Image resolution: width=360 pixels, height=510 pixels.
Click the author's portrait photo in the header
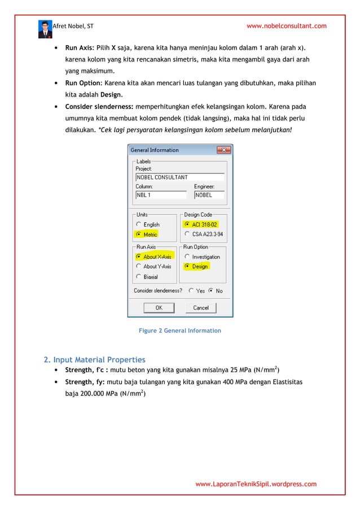point(45,28)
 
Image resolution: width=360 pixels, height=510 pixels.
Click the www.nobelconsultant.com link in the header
point(287,26)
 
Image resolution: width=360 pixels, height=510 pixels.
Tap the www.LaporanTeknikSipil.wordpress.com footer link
point(256,484)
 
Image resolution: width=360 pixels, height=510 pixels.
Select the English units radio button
point(139,224)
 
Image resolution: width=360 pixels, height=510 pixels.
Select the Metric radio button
point(139,234)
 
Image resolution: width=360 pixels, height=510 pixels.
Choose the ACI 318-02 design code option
point(187,224)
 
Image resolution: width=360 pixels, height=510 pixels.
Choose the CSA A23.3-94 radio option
point(187,234)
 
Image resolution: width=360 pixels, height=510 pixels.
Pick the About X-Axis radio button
point(139,256)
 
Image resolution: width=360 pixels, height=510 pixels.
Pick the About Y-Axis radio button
point(139,266)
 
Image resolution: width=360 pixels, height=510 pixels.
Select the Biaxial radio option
point(139,277)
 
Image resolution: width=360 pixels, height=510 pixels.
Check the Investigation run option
point(187,256)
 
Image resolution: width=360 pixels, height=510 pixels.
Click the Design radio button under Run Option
point(187,266)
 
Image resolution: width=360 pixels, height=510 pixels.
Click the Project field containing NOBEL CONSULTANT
point(179,177)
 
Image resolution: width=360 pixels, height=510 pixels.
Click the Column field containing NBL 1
point(160,195)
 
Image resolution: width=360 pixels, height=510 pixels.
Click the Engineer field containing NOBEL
point(209,195)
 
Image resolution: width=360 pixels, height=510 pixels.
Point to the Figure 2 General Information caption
point(179,330)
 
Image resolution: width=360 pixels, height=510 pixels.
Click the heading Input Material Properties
point(99,359)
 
